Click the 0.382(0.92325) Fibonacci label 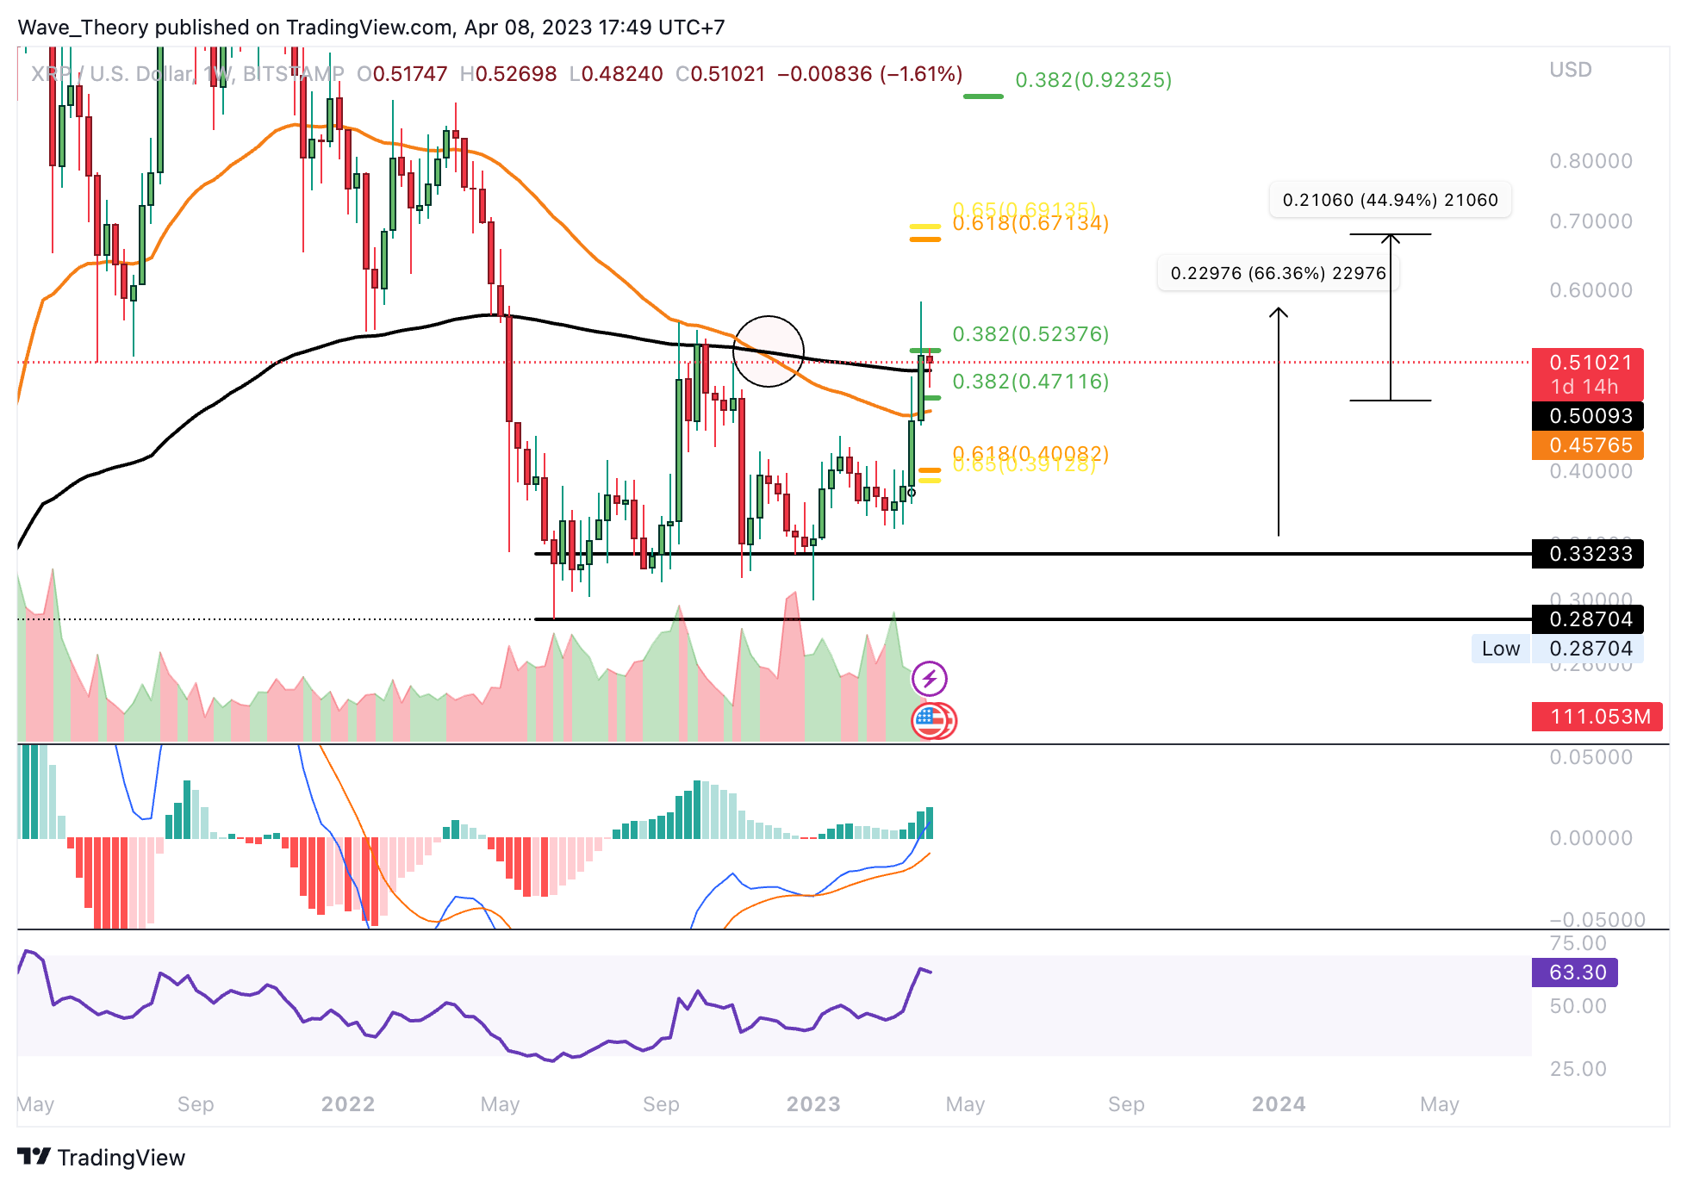pyautogui.click(x=1093, y=80)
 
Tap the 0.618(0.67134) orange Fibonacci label pyautogui.click(x=1030, y=225)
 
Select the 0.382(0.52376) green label pyautogui.click(x=1030, y=334)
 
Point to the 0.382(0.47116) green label pyautogui.click(x=1030, y=382)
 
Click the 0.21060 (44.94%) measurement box pyautogui.click(x=1390, y=200)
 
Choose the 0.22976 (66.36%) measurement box pyautogui.click(x=1278, y=273)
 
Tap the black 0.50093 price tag pyautogui.click(x=1587, y=416)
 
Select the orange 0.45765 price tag pyautogui.click(x=1587, y=445)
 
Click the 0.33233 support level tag pyautogui.click(x=1587, y=554)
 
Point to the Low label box pyautogui.click(x=1500, y=649)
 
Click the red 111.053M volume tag pyautogui.click(x=1597, y=717)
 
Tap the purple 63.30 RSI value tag pyautogui.click(x=1575, y=973)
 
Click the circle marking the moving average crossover pyautogui.click(x=768, y=351)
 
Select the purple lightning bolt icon pyautogui.click(x=930, y=679)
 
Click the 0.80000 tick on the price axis pyautogui.click(x=1591, y=161)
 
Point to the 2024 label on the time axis pyautogui.click(x=1279, y=1104)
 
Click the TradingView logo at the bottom pyautogui.click(x=102, y=1157)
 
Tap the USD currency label pyautogui.click(x=1570, y=70)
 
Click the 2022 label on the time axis pyautogui.click(x=348, y=1104)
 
